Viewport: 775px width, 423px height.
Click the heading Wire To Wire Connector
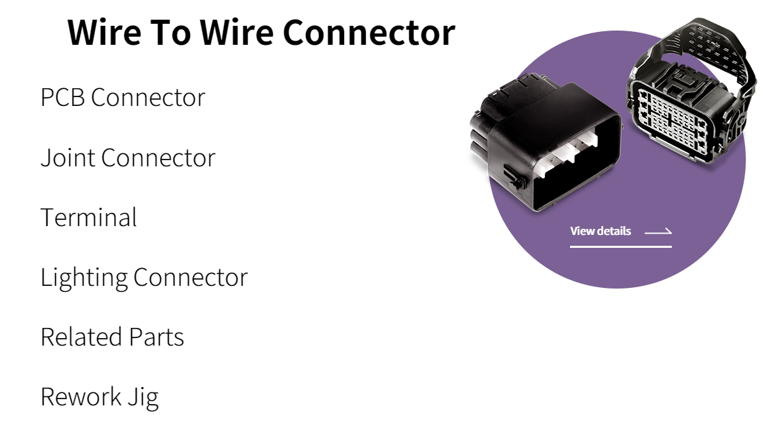pos(261,32)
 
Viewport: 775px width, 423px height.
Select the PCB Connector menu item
pos(122,97)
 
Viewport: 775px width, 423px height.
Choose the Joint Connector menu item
pos(128,158)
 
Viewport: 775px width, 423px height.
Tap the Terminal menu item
pos(88,217)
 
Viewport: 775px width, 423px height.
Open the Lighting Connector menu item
pos(144,277)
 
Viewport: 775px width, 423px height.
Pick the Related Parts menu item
pos(112,337)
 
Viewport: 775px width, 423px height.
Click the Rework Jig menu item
pos(99,397)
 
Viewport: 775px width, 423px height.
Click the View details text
pos(601,231)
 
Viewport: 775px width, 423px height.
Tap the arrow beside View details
pos(658,232)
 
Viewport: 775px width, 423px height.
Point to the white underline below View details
pos(620,246)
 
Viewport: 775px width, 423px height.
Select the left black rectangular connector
pos(543,143)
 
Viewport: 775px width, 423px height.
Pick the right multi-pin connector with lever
pos(689,102)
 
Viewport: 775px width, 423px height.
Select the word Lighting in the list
pos(83,277)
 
